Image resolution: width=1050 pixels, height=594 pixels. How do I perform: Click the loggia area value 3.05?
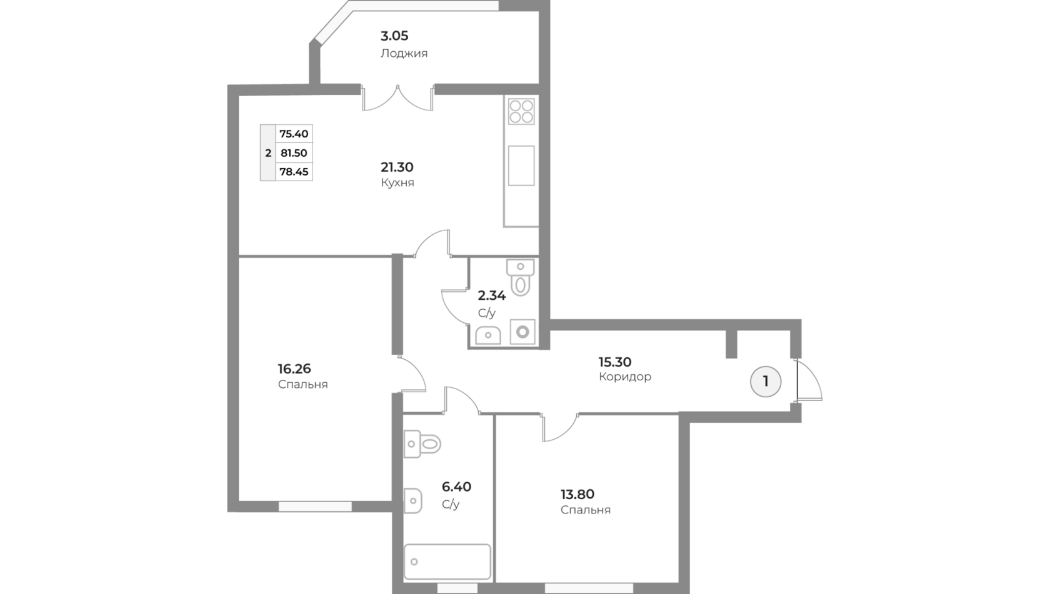(394, 36)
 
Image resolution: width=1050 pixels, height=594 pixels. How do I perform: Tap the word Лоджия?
(404, 54)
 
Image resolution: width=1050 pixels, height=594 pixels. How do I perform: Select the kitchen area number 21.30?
(397, 167)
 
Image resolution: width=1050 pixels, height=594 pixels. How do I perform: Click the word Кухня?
(397, 182)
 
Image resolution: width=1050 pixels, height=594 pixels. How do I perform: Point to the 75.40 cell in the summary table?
(294, 134)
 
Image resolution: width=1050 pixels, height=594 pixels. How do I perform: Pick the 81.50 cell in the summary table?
(294, 152)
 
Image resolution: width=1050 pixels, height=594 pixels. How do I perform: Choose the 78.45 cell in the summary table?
(294, 171)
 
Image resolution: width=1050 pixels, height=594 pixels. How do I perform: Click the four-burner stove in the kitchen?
(521, 111)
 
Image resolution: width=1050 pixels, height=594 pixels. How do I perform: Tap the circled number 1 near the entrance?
(766, 382)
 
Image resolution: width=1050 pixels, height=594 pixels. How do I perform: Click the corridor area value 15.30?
(614, 362)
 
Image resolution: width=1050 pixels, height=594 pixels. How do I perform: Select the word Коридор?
(625, 377)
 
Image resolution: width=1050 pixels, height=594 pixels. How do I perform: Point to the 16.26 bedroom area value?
(294, 369)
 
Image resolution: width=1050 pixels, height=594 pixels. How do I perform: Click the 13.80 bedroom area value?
(577, 494)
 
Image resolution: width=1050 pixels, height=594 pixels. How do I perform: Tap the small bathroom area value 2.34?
(492, 295)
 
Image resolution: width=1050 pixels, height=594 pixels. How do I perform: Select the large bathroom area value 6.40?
(456, 487)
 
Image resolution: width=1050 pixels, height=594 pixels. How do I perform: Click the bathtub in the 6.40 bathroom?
(447, 562)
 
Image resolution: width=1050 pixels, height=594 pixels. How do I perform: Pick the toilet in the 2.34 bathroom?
(520, 278)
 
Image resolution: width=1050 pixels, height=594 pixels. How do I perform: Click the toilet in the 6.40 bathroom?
(422, 443)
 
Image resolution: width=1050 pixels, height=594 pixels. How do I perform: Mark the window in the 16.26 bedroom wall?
(315, 507)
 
